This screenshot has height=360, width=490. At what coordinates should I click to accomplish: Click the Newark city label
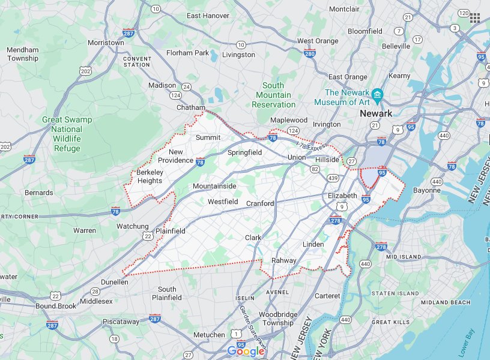(x=375, y=113)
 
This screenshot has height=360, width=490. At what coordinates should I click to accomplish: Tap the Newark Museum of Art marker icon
(x=378, y=94)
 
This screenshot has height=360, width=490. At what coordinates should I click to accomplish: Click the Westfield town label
(x=223, y=202)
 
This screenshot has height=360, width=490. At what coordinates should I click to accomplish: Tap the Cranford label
(x=260, y=203)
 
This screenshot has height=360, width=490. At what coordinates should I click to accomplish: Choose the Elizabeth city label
(x=343, y=196)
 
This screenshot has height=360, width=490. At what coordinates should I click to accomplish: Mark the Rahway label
(x=284, y=260)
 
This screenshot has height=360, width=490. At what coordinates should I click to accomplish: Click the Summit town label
(x=208, y=137)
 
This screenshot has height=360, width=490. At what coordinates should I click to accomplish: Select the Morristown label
(x=106, y=43)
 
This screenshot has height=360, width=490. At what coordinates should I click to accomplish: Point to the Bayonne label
(x=427, y=190)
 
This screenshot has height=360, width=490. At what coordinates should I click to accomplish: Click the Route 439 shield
(x=333, y=178)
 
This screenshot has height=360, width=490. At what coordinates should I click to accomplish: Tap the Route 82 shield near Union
(x=315, y=170)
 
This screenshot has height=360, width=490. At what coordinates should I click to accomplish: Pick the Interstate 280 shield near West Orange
(x=310, y=54)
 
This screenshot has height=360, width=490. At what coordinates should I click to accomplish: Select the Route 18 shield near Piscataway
(x=114, y=339)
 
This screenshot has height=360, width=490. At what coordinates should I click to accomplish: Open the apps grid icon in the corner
(x=475, y=17)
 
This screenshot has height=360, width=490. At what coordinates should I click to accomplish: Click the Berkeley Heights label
(x=149, y=176)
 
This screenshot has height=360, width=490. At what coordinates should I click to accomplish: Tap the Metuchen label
(x=209, y=335)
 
